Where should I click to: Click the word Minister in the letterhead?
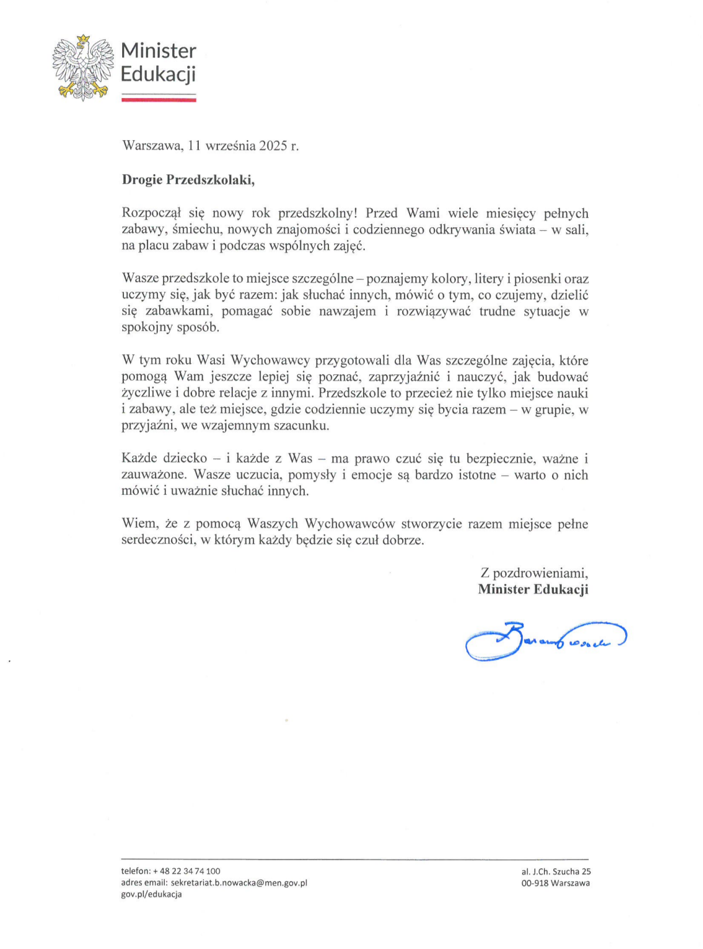(x=158, y=51)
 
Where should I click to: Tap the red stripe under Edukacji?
(x=158, y=100)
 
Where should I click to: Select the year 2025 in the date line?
(x=273, y=145)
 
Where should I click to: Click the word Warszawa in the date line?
(x=152, y=145)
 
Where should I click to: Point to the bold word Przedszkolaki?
(x=210, y=179)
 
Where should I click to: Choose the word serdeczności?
(x=158, y=541)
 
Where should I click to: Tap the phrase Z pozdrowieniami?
(x=534, y=573)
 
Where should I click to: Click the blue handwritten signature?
(x=545, y=641)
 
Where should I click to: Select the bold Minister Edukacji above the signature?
(x=533, y=589)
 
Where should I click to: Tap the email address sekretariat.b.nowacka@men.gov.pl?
(x=239, y=883)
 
